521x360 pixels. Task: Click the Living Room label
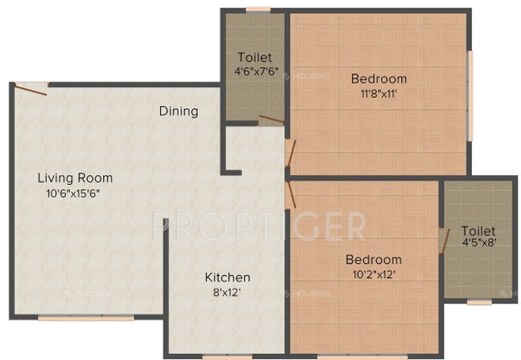(75, 178)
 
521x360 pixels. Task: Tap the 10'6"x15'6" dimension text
(73, 193)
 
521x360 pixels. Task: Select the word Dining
(178, 111)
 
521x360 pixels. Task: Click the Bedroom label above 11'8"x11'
(378, 79)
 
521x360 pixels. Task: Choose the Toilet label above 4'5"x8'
(478, 230)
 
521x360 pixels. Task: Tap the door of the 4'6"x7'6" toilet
(271, 119)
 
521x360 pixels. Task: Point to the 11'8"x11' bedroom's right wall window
(469, 95)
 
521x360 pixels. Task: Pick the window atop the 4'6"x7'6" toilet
(258, 9)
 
